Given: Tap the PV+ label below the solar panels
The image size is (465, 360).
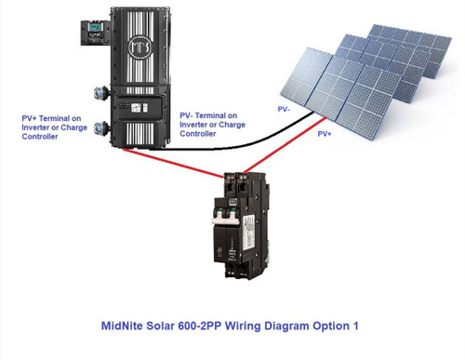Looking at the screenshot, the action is click(x=325, y=134).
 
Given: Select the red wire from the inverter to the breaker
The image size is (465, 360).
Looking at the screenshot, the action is click(x=177, y=162).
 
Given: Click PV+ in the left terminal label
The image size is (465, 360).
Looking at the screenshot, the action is click(x=32, y=118).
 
